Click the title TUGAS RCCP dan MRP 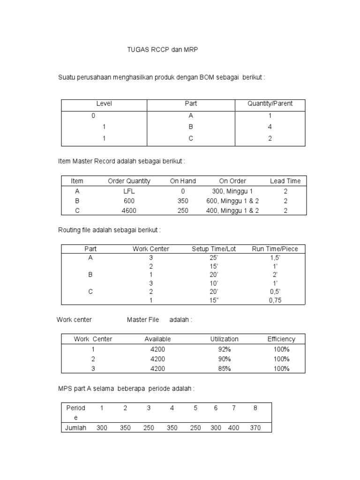159,49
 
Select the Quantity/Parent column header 270,104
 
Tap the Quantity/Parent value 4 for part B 270,127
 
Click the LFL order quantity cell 129,191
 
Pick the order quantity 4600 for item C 129,210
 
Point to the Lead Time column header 285,181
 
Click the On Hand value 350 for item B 183,201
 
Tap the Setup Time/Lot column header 213,249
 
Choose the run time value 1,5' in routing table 275,257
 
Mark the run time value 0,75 275,301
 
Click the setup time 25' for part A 213,257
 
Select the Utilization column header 224,339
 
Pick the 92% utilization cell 224,349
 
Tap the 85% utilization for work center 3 224,368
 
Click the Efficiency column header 281,339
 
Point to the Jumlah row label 75,427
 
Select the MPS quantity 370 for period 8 255,427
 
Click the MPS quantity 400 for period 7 234,427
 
